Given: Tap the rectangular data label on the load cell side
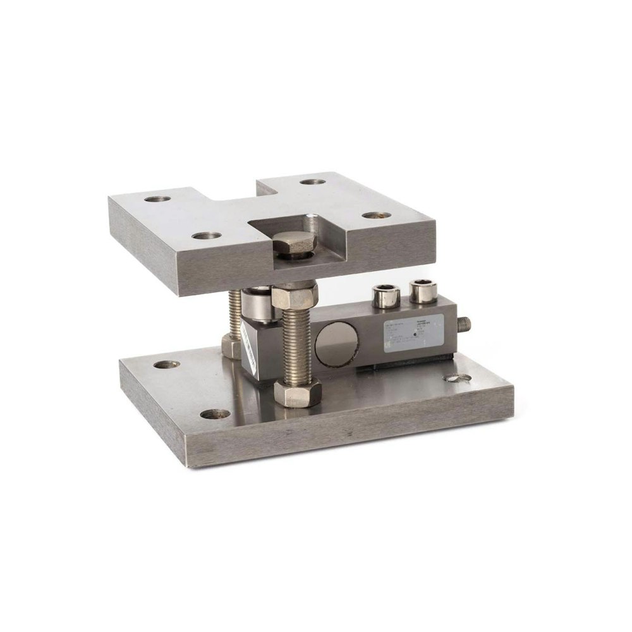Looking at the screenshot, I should point(413,333).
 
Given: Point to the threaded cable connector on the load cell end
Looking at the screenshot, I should point(465,325).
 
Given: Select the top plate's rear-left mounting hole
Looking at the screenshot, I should point(157,199).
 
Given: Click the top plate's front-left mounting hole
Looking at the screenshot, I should point(207,236).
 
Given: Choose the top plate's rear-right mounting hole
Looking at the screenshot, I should point(312,182).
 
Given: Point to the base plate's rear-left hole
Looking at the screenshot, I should point(166,365).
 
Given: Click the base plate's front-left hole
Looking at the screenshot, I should point(216,415).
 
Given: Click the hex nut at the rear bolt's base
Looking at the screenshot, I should point(231,346).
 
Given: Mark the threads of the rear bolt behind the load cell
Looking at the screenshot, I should point(234,313).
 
